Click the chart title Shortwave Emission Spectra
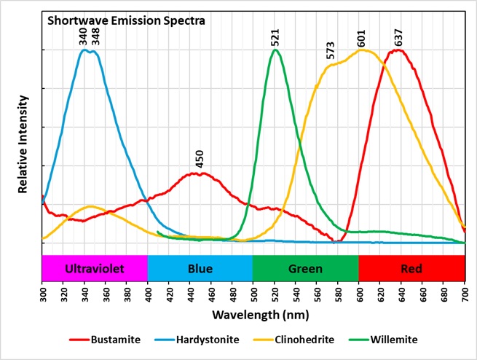(x=126, y=20)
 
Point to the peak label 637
(x=398, y=37)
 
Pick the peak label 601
(x=360, y=37)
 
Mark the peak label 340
(x=83, y=36)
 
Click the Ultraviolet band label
(x=95, y=269)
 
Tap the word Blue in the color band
(x=200, y=269)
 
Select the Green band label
(x=305, y=269)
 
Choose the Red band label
(x=411, y=269)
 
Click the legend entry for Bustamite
(x=113, y=340)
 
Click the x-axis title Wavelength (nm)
(x=253, y=316)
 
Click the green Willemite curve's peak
(x=275, y=50)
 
